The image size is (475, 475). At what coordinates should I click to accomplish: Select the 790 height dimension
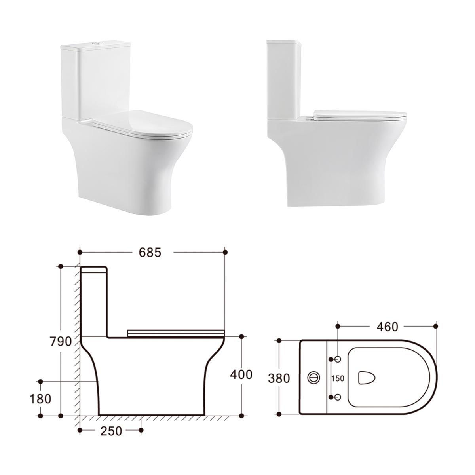(61, 341)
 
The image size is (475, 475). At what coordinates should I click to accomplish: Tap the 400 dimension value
(241, 374)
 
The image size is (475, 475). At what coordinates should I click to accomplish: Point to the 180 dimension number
(40, 399)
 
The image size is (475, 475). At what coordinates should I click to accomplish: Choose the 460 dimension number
(387, 327)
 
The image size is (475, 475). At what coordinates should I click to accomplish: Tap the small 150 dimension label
(338, 378)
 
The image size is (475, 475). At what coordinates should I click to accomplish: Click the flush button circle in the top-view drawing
(314, 378)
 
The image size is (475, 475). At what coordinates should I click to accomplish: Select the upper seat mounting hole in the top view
(338, 359)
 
